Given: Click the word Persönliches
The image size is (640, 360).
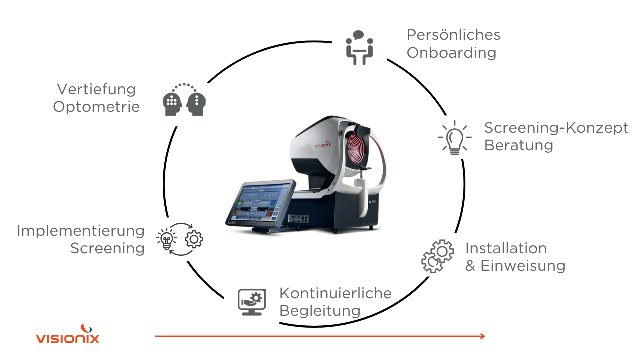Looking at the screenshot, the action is [x=453, y=35].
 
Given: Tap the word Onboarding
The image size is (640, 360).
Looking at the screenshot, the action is [x=451, y=53].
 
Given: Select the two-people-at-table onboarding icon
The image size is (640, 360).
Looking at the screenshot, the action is [x=359, y=47].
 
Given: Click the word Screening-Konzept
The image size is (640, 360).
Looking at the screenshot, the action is [x=556, y=128].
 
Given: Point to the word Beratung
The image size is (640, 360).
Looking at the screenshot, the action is [x=519, y=145].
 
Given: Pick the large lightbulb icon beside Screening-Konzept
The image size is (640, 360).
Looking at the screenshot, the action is [x=455, y=137].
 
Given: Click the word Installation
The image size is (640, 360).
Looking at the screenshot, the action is [x=506, y=248].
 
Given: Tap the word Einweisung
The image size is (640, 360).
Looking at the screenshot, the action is [x=523, y=266].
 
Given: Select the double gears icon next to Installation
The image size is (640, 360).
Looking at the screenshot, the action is [x=437, y=256].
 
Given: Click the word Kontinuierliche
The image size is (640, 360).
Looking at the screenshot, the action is [x=335, y=293].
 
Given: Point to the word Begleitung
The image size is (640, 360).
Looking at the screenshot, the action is [x=320, y=311].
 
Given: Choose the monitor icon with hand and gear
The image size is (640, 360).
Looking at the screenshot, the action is [x=252, y=302].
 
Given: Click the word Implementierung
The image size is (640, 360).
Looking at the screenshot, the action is [x=81, y=231].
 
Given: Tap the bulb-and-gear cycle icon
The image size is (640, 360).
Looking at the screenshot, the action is [x=180, y=239].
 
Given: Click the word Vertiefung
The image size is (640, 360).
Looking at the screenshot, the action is [x=96, y=89].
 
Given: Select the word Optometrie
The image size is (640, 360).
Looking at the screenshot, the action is [x=96, y=107].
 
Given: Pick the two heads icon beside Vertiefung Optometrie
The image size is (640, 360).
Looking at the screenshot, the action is [x=184, y=99].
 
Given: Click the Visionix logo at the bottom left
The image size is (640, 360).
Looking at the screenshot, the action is [x=68, y=334].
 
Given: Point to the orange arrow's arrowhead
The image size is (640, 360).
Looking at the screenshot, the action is [x=482, y=336].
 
